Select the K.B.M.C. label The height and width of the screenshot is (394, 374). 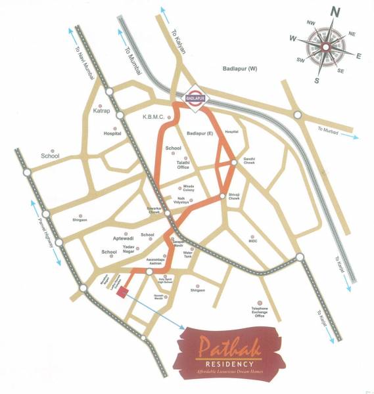[153, 118]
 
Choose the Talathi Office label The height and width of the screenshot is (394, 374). [183, 165]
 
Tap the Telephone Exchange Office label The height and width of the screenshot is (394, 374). [258, 313]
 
